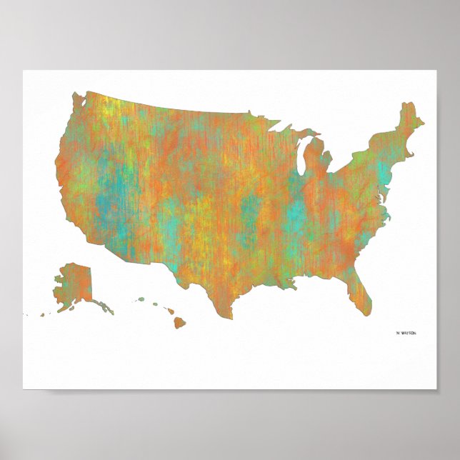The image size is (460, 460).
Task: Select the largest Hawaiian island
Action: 179,323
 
